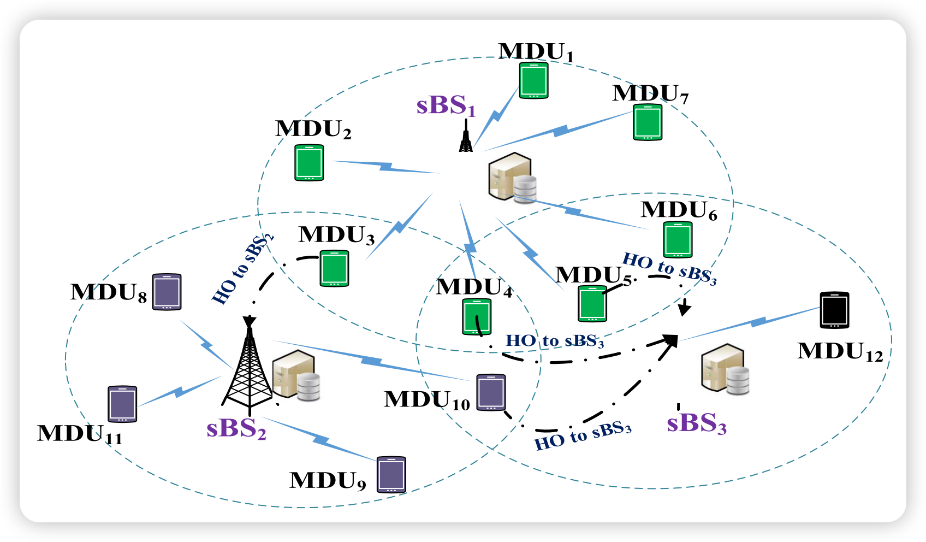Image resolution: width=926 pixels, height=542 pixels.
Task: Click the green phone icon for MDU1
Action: (x=533, y=80)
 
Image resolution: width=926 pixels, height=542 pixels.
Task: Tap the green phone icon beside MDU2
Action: (x=309, y=162)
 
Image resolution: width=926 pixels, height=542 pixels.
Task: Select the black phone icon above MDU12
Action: (x=834, y=310)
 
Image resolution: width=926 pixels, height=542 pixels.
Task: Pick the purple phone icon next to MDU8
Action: (x=167, y=292)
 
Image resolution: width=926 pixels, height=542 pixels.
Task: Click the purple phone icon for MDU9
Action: (x=391, y=475)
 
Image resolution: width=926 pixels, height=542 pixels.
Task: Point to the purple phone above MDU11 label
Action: (x=122, y=404)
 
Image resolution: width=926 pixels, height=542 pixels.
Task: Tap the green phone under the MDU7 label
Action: (x=648, y=122)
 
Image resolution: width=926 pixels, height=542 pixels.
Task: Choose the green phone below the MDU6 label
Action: (x=678, y=239)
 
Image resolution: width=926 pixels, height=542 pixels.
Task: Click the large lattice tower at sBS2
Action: (x=249, y=366)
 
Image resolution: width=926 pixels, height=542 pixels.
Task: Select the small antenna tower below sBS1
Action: (x=466, y=137)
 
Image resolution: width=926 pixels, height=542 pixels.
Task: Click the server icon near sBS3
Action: (x=725, y=369)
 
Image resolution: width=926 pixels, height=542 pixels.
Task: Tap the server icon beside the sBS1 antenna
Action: (x=512, y=178)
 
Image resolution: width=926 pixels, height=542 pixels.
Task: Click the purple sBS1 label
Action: (x=446, y=105)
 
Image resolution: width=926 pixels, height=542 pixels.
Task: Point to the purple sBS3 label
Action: (x=696, y=423)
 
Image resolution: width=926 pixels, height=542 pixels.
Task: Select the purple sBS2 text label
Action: (x=236, y=428)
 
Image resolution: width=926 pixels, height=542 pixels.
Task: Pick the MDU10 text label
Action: (x=426, y=400)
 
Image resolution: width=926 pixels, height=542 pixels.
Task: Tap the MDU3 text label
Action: (x=336, y=235)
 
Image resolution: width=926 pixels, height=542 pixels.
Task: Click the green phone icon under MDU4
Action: (x=477, y=316)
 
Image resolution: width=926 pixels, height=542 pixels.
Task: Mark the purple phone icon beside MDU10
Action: (x=491, y=392)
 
